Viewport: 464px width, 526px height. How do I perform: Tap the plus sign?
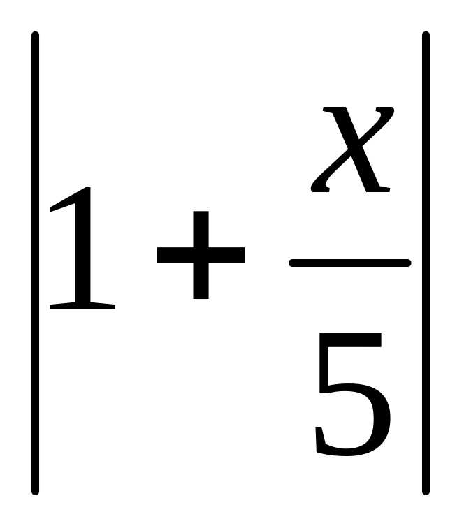tap(201, 255)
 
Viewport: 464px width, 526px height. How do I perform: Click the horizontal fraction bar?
tap(349, 263)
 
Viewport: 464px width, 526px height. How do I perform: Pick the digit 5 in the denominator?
tap(351, 394)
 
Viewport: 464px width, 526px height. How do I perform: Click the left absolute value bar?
tap(35, 263)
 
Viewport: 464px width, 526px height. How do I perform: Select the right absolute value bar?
tap(426, 263)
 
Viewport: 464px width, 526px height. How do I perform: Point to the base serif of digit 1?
tap(82, 305)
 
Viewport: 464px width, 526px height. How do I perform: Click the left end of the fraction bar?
tap(292, 263)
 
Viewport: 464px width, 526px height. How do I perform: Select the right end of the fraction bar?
tap(407, 263)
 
